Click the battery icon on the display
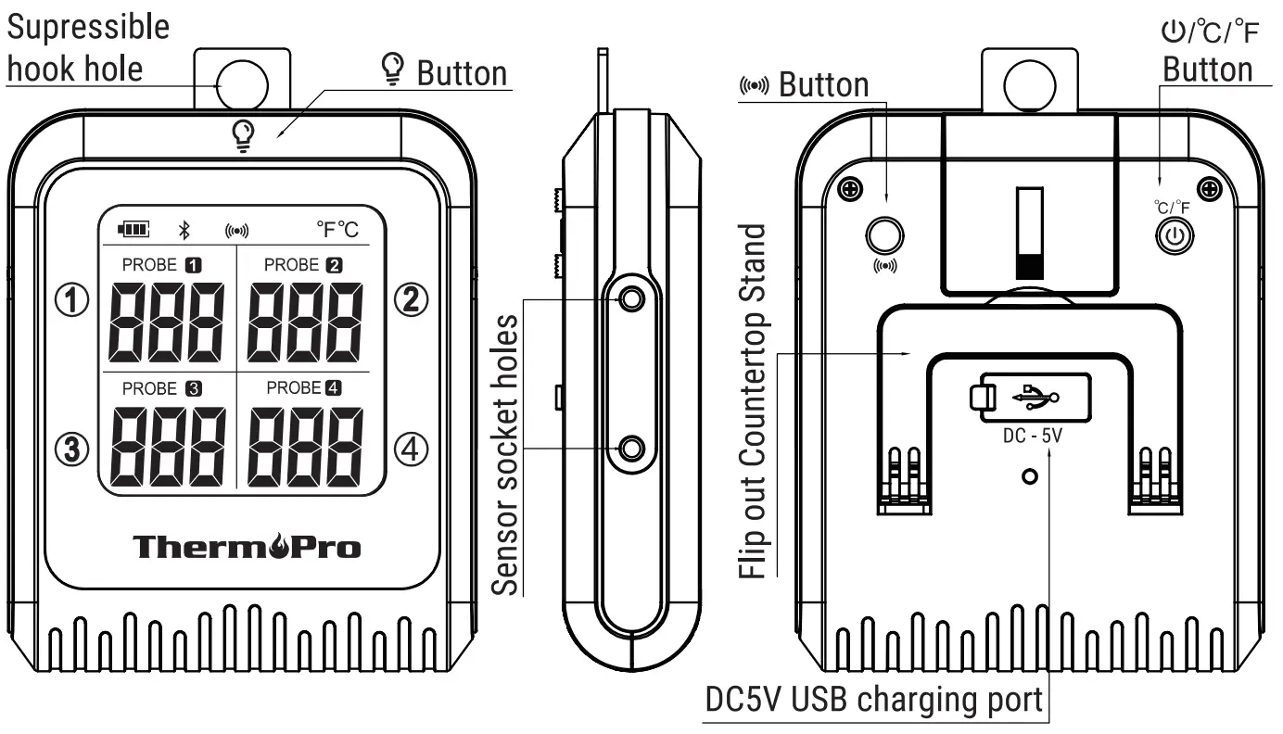[x=133, y=229]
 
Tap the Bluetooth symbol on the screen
[x=184, y=229]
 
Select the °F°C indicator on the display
[x=338, y=228]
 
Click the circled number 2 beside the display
[x=411, y=299]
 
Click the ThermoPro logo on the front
[x=247, y=547]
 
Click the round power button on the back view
[x=1175, y=234]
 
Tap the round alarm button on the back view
[x=884, y=234]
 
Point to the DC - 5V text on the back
[x=1032, y=435]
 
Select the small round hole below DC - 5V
[x=1027, y=476]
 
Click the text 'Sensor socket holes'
[x=505, y=454]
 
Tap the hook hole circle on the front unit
[x=242, y=84]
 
